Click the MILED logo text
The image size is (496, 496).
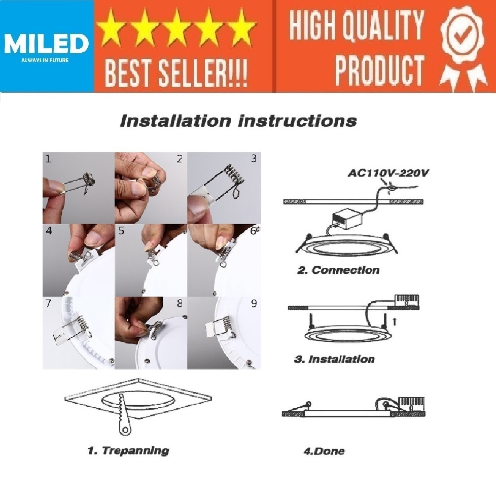tap(46, 44)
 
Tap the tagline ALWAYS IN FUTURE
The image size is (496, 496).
tap(45, 60)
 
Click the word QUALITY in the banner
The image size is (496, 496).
tap(383, 24)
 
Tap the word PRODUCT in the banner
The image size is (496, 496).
tap(379, 70)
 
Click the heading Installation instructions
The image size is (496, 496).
tap(238, 121)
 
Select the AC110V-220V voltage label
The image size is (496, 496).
tap(388, 173)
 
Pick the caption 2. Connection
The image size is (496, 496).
tap(338, 270)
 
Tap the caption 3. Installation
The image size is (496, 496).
tap(334, 360)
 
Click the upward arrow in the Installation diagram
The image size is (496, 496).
tap(394, 322)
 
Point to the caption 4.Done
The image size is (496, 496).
tap(324, 451)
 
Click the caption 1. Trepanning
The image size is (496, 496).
tap(128, 450)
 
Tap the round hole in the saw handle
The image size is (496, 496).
tap(126, 430)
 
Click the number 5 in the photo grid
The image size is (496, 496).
tap(122, 231)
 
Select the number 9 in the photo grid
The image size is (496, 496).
tap(254, 304)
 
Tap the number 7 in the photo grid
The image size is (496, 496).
tap(48, 303)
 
